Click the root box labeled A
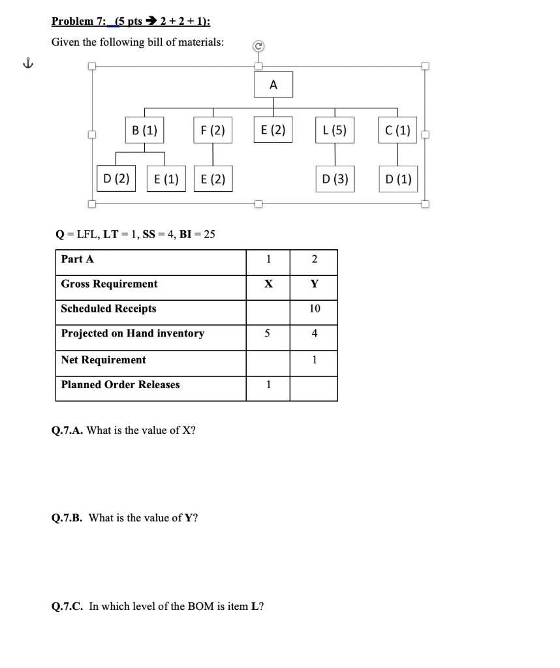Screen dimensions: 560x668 pyautogui.click(x=273, y=85)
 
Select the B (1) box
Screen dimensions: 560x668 pyautogui.click(x=144, y=129)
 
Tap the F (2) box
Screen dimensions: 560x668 pyautogui.click(x=213, y=129)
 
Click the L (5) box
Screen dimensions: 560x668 pyautogui.click(x=334, y=129)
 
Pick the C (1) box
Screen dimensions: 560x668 pyautogui.click(x=397, y=129)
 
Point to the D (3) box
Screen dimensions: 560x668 pyautogui.click(x=335, y=179)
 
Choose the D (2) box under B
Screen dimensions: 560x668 pyautogui.click(x=116, y=178)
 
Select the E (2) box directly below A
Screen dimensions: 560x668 pyautogui.click(x=273, y=129)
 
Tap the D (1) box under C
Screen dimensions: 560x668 pyautogui.click(x=398, y=179)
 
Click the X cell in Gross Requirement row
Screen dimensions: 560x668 pyautogui.click(x=268, y=284)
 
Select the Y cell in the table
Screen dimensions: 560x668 pyautogui.click(x=314, y=284)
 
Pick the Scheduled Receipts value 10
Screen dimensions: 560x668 pyautogui.click(x=314, y=309)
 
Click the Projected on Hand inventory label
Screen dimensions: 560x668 pyautogui.click(x=132, y=333)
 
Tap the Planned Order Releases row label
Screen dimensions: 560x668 pyautogui.click(x=120, y=384)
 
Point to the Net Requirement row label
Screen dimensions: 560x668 pyautogui.click(x=103, y=359)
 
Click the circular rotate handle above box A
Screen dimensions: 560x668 pyautogui.click(x=258, y=47)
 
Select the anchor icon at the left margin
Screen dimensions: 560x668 pyautogui.click(x=27, y=64)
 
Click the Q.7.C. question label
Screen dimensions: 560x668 pyautogui.click(x=68, y=606)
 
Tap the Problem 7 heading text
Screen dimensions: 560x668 pyautogui.click(x=131, y=21)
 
